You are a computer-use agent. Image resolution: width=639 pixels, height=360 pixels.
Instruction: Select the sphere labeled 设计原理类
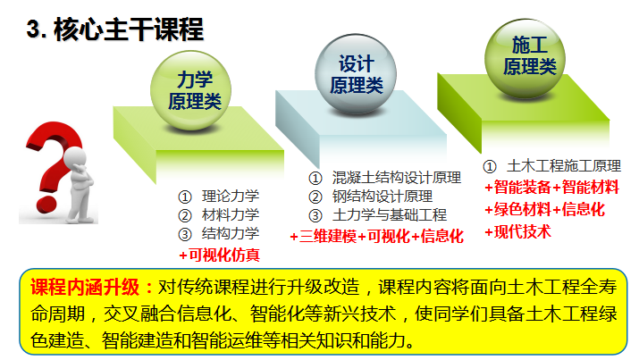click(x=356, y=75)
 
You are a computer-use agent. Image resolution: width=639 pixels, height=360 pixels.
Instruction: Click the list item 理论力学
click(x=230, y=197)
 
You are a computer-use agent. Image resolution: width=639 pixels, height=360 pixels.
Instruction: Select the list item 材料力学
click(x=230, y=215)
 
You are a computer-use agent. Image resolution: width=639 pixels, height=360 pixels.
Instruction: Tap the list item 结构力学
click(x=230, y=234)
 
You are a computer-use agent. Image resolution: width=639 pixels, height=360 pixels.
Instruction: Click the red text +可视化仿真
click(x=219, y=255)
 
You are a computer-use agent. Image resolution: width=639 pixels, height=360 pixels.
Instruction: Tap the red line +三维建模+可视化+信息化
click(x=376, y=237)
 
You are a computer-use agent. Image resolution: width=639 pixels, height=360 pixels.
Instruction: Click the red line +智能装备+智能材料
click(x=551, y=188)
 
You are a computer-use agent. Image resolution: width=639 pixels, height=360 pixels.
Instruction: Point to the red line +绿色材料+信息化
click(x=544, y=210)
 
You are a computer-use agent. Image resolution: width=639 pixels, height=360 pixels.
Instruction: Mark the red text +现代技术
click(x=517, y=231)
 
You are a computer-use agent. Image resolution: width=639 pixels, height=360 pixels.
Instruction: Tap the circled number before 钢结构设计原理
click(x=315, y=197)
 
